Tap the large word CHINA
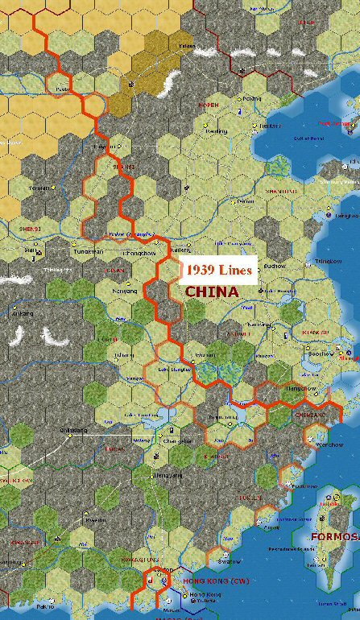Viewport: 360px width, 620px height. click(x=212, y=291)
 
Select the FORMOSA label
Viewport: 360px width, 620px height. click(x=334, y=537)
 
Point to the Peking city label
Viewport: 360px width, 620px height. click(x=252, y=98)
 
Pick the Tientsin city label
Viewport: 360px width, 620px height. click(x=270, y=126)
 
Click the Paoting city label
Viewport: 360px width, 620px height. click(x=216, y=130)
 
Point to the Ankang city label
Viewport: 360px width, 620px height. click(x=23, y=312)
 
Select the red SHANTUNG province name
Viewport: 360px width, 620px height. click(x=282, y=191)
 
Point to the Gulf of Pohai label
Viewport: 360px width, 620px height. click(x=307, y=138)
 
